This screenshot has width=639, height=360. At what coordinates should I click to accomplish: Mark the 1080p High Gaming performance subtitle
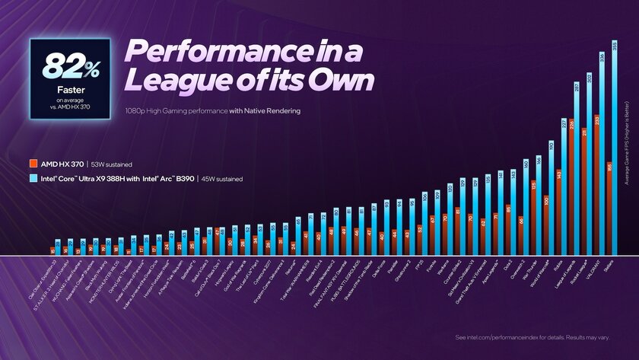tap(213, 110)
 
